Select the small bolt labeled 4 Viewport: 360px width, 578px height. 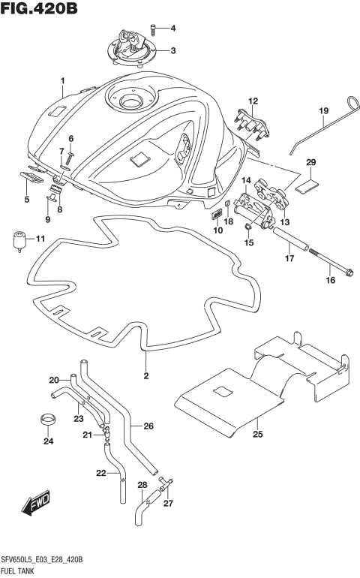153,29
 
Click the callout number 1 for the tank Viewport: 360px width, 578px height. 64,80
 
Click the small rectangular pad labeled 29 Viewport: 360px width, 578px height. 307,183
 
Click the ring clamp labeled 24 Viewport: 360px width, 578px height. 48,419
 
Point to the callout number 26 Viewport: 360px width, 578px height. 148,426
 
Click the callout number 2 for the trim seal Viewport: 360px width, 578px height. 147,376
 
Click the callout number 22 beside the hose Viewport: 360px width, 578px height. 102,473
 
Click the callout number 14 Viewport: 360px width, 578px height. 245,180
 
